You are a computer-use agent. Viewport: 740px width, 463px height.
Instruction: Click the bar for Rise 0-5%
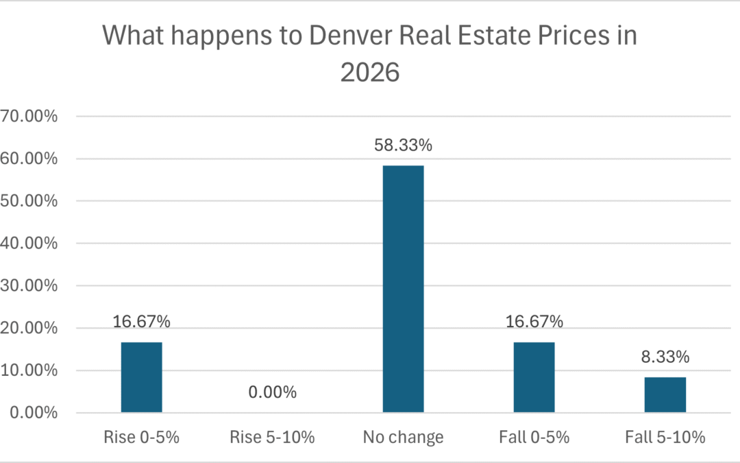(141, 377)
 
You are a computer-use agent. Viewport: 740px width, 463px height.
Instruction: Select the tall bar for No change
(403, 289)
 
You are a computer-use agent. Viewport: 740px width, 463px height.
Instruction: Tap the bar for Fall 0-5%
(534, 377)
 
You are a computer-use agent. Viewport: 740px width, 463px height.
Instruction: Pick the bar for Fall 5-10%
(665, 394)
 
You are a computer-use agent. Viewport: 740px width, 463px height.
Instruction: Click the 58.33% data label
(403, 145)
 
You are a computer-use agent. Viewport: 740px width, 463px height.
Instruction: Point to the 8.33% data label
(665, 357)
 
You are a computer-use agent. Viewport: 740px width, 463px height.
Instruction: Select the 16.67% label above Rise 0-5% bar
(141, 322)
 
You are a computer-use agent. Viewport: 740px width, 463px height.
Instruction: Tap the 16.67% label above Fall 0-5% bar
(534, 322)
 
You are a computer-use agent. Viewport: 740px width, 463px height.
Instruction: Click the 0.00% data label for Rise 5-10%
(272, 392)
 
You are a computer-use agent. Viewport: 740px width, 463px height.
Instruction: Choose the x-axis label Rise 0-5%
(141, 437)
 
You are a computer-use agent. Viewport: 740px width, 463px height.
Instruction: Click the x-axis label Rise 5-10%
(272, 437)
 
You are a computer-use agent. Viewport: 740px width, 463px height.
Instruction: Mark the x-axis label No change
(403, 437)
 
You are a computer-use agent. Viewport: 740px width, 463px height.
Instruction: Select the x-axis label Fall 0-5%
(534, 437)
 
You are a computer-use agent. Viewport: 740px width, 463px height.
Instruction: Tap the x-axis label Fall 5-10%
(665, 437)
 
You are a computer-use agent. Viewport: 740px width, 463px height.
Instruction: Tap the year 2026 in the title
(370, 72)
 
